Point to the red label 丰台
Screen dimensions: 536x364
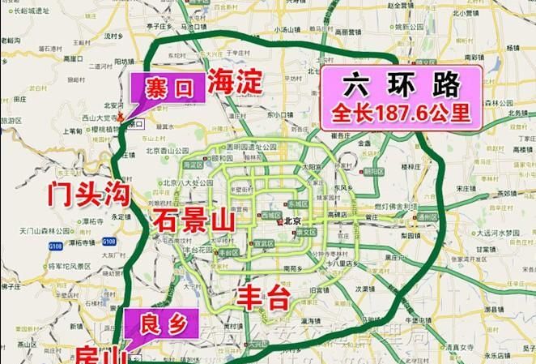click(263, 296)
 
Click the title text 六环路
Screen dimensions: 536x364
click(402, 84)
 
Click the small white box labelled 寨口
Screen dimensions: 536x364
click(135, 124)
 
